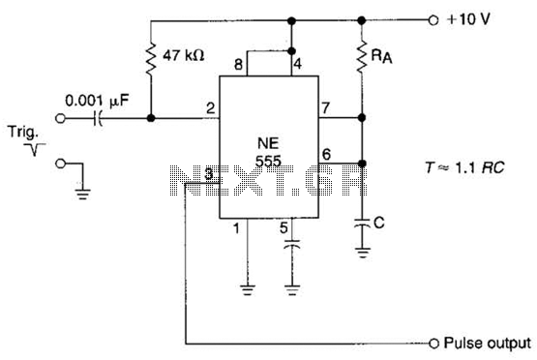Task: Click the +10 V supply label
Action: point(468,19)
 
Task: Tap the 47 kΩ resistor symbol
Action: point(151,59)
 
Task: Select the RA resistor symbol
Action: point(362,56)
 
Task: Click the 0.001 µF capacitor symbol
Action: point(98,118)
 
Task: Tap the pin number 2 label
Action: point(210,108)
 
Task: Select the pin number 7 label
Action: point(325,107)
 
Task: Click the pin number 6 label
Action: point(326,154)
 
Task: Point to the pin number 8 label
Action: point(238,65)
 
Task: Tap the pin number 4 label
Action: point(298,64)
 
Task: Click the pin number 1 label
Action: point(236,228)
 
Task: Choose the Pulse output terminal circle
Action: point(433,343)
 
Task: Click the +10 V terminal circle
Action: point(433,20)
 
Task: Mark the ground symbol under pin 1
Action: point(247,290)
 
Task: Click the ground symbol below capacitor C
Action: point(363,254)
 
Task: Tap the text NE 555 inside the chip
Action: point(269,152)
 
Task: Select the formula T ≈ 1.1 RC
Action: point(464,167)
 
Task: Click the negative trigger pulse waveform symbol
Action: point(35,149)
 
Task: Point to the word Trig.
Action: point(22,133)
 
